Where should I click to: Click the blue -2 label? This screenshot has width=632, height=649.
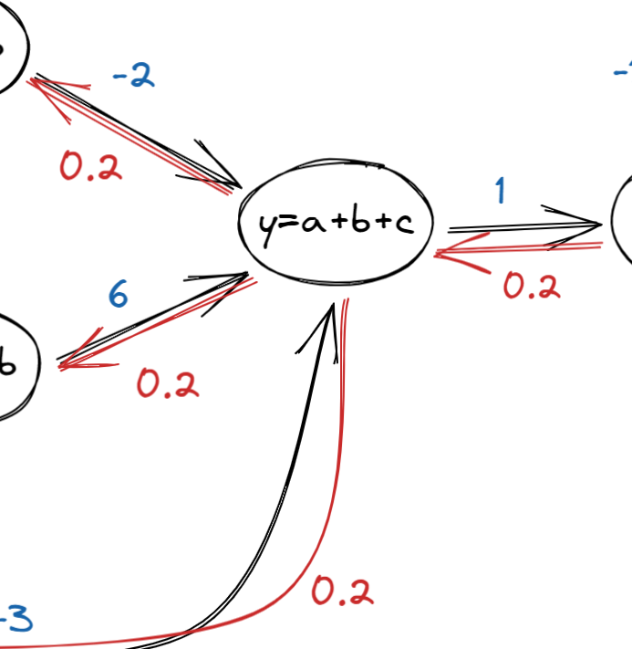133,77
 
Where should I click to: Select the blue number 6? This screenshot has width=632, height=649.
118,295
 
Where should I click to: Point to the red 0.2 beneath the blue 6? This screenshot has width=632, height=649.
168,384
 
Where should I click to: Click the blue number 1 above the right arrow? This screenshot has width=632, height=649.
500,191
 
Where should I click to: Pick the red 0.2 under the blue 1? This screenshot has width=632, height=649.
532,286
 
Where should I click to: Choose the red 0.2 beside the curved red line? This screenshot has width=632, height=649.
342,592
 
